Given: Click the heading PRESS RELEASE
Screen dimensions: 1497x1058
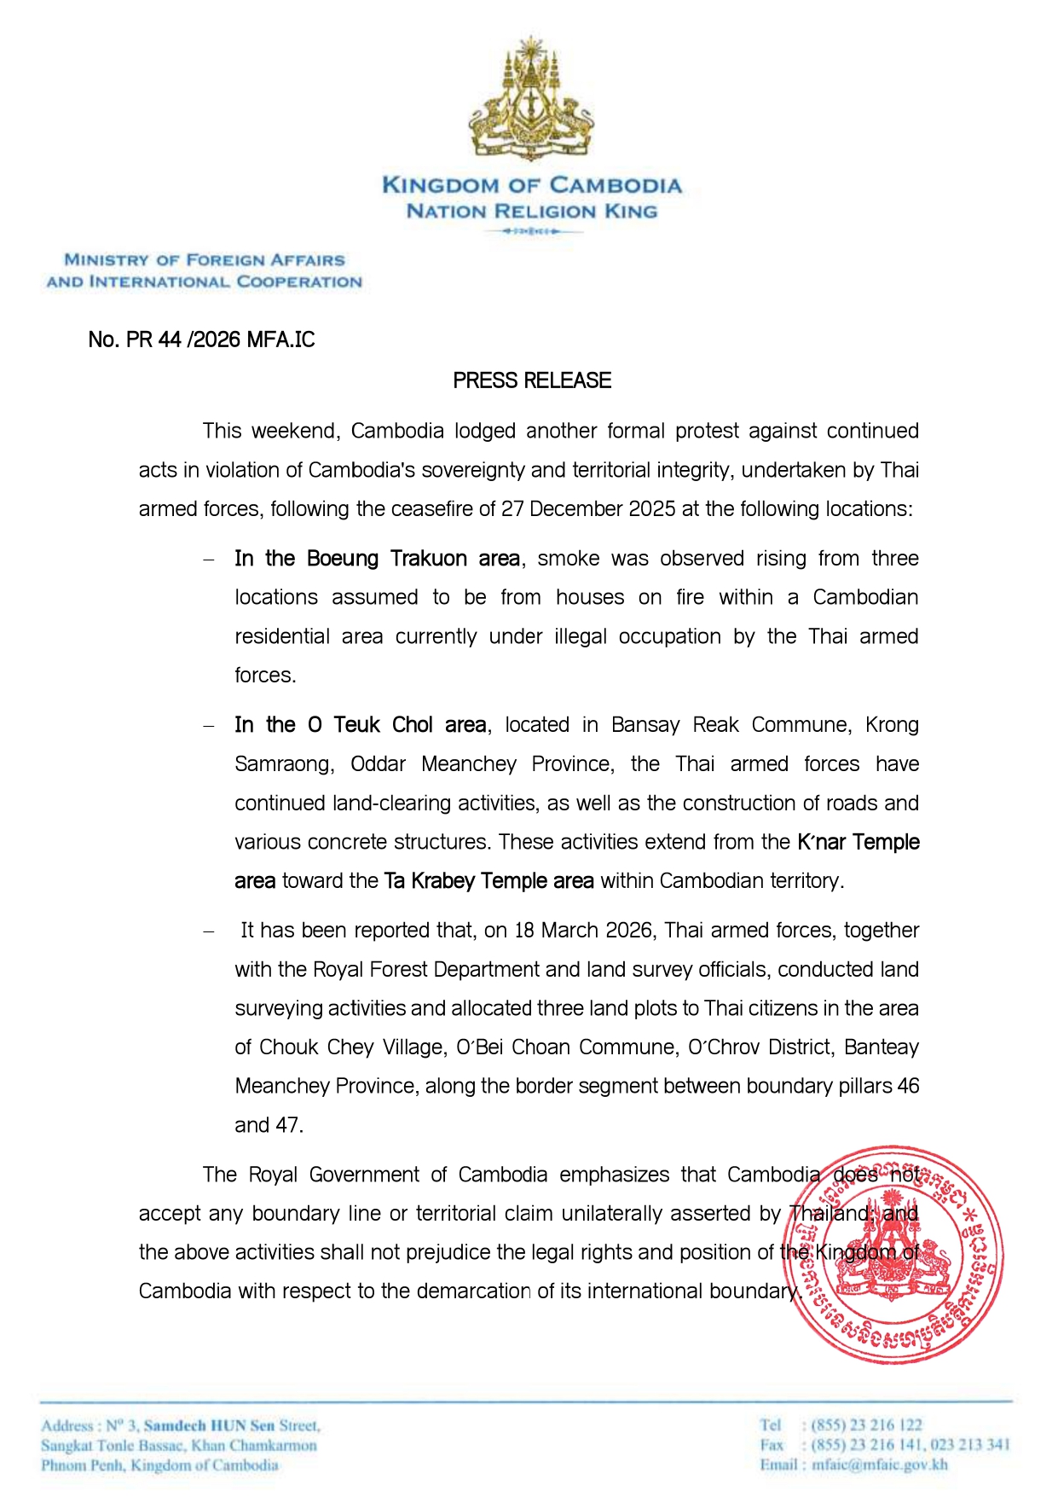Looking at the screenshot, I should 532,380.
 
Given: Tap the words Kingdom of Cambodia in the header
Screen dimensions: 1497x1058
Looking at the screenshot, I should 532,185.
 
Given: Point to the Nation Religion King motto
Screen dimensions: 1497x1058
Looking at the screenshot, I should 532,211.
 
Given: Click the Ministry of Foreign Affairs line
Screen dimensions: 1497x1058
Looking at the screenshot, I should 205,260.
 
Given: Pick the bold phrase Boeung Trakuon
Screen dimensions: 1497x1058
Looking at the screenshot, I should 387,559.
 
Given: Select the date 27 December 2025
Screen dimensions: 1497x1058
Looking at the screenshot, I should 588,509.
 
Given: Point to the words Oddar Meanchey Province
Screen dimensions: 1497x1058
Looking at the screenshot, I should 482,764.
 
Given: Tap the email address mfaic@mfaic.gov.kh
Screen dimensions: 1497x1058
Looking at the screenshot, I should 879,1465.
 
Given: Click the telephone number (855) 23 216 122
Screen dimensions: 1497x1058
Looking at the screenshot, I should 866,1424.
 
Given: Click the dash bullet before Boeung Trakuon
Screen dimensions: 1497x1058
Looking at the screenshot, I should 209,560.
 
